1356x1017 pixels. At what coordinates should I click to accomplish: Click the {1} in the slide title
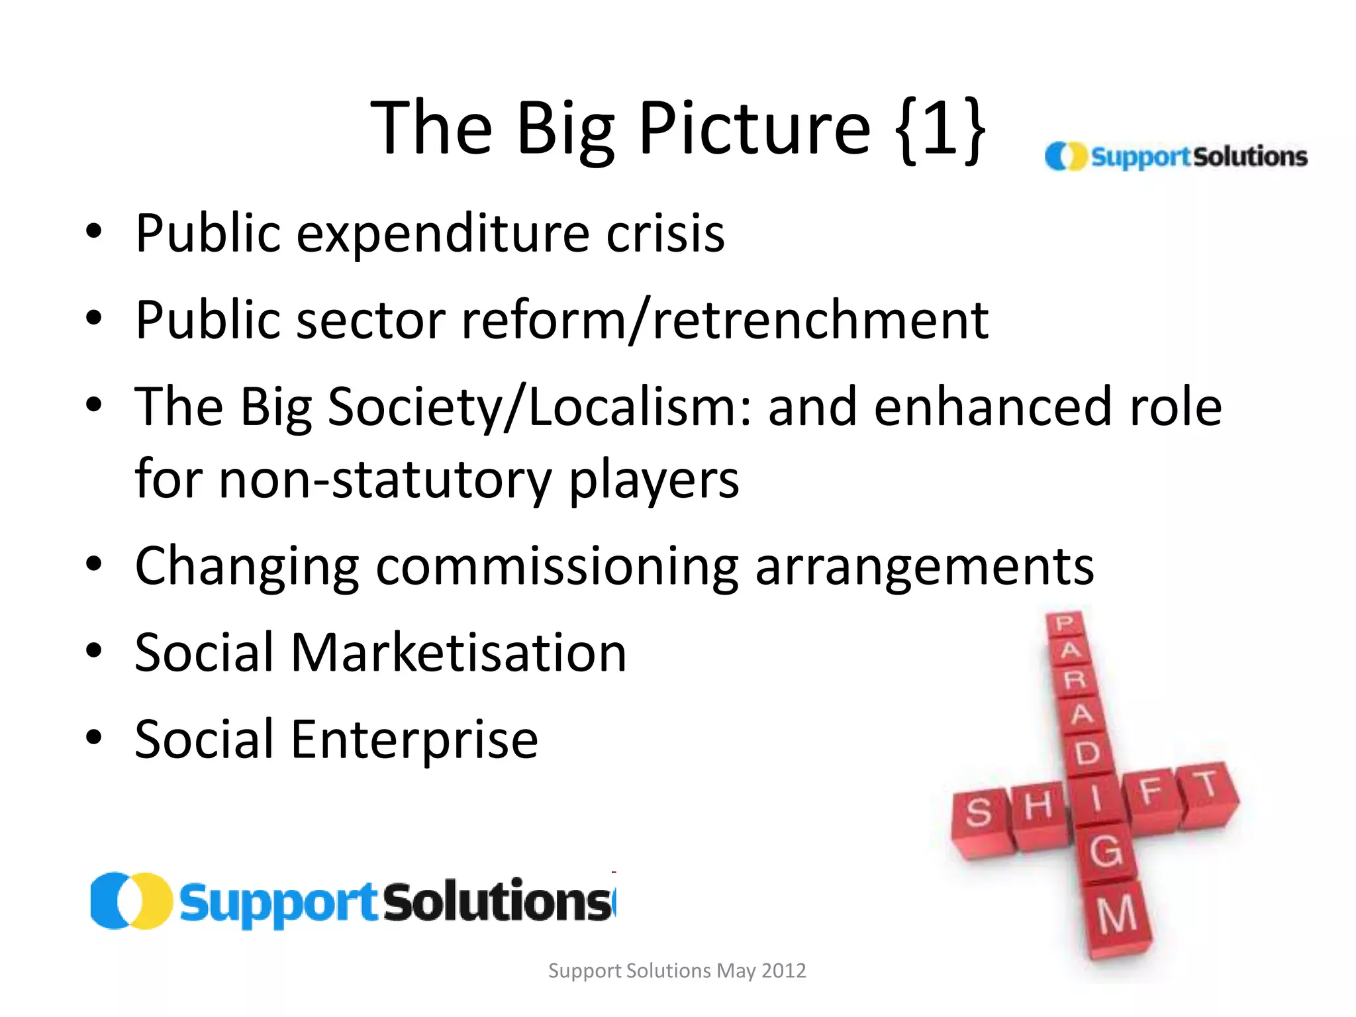(941, 128)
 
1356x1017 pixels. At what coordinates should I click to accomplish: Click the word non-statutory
(385, 479)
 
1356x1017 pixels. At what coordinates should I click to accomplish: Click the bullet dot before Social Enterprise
(94, 736)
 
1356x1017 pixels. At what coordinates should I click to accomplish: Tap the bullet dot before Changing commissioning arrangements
(94, 564)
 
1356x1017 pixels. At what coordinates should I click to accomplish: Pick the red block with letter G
(1106, 851)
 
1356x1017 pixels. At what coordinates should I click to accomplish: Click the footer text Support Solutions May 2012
(677, 971)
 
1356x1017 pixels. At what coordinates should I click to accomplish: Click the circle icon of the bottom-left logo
(130, 901)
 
